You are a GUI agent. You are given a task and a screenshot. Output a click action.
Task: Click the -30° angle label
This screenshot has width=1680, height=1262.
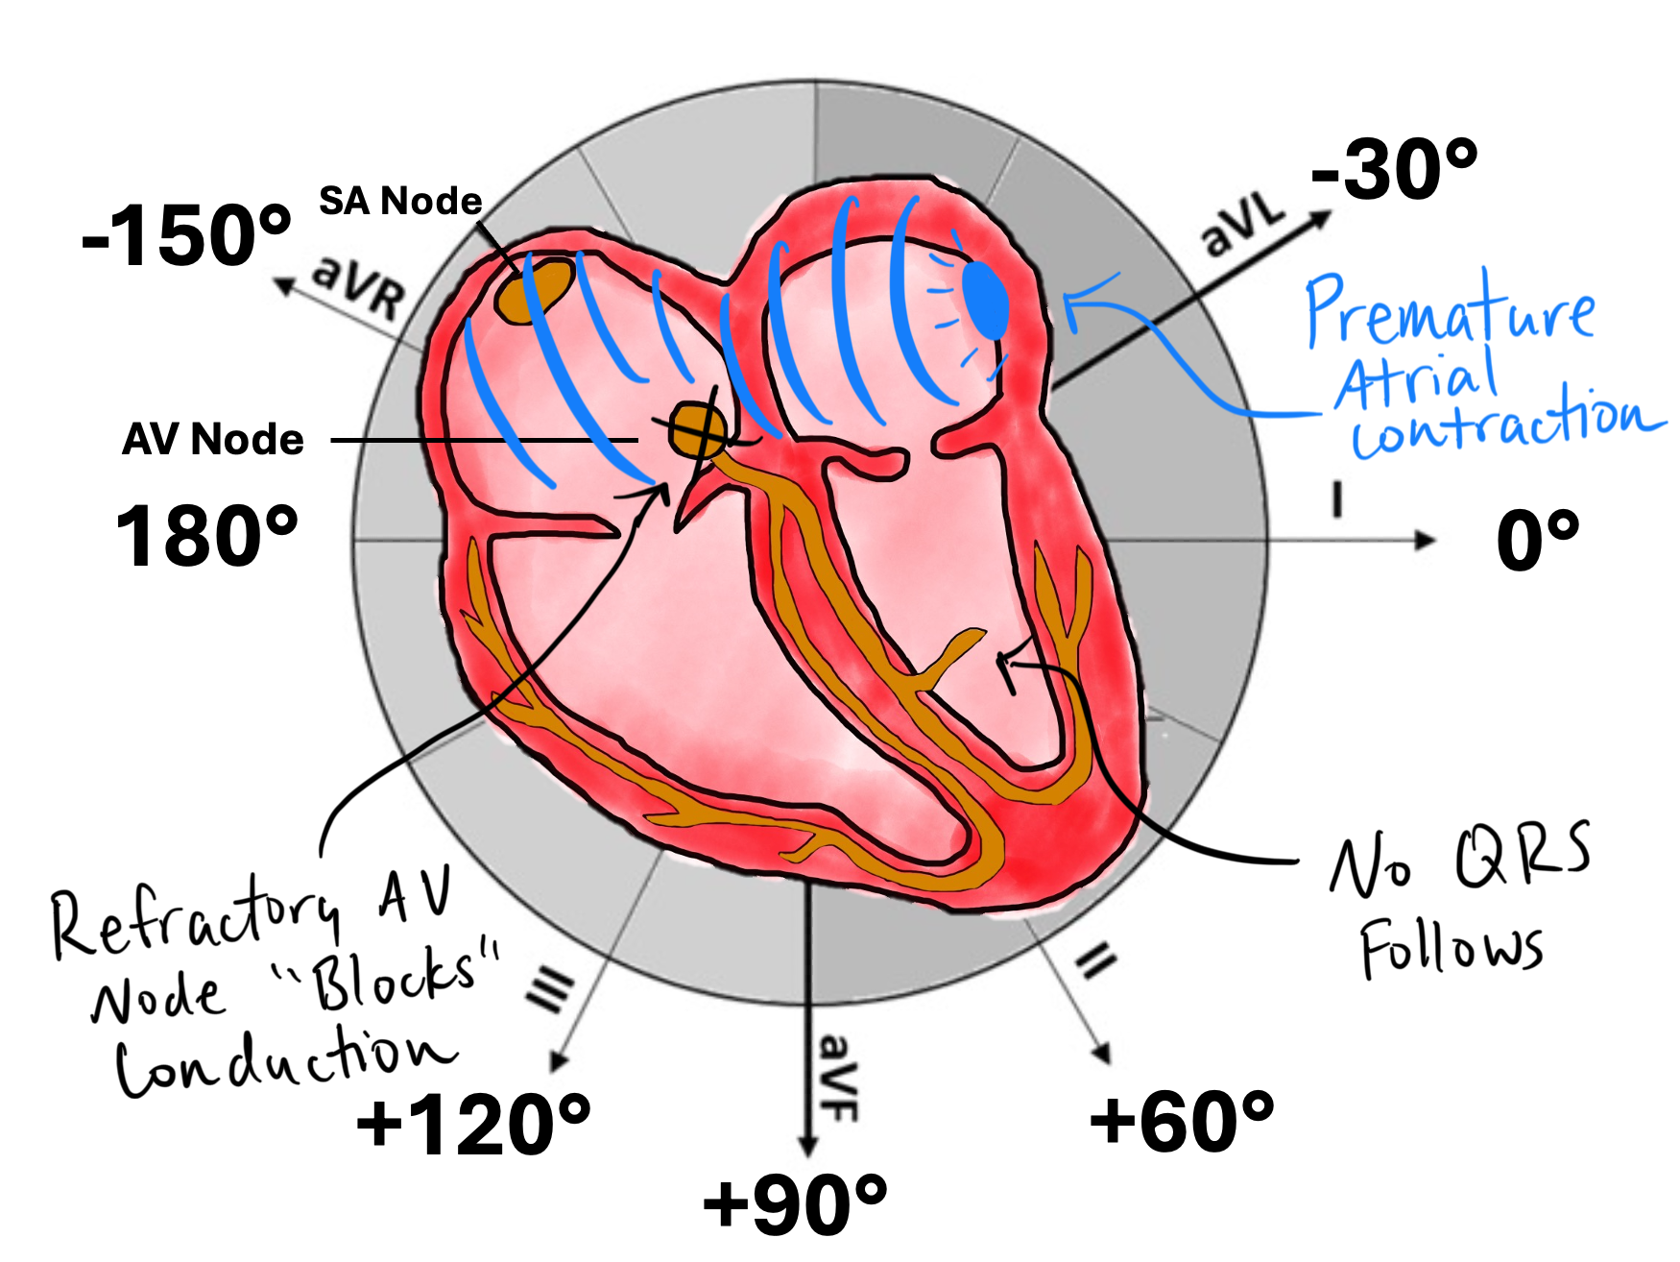tap(1394, 171)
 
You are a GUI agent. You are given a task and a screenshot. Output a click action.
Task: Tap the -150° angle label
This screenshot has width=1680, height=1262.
tap(186, 236)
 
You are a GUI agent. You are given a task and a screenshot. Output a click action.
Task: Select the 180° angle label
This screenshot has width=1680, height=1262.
tap(205, 536)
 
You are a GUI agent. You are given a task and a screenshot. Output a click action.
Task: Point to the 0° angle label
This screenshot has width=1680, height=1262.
tap(1537, 540)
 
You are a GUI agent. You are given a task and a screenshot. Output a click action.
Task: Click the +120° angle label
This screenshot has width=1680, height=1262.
tap(473, 1125)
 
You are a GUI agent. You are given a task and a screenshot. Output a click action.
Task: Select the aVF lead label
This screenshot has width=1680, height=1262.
tap(837, 1078)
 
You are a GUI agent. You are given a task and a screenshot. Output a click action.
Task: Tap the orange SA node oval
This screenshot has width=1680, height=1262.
tap(534, 289)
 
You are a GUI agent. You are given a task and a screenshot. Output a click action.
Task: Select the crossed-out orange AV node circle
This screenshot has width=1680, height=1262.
tap(698, 429)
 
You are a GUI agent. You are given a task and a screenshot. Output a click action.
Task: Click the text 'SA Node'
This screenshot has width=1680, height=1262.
tap(400, 201)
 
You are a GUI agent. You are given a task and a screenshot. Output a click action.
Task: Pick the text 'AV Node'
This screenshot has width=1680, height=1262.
tap(213, 439)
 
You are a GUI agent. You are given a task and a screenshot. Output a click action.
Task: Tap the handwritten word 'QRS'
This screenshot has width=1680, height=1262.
tap(1523, 854)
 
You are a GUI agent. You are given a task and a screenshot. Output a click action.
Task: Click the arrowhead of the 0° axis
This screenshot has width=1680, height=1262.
tap(1427, 540)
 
